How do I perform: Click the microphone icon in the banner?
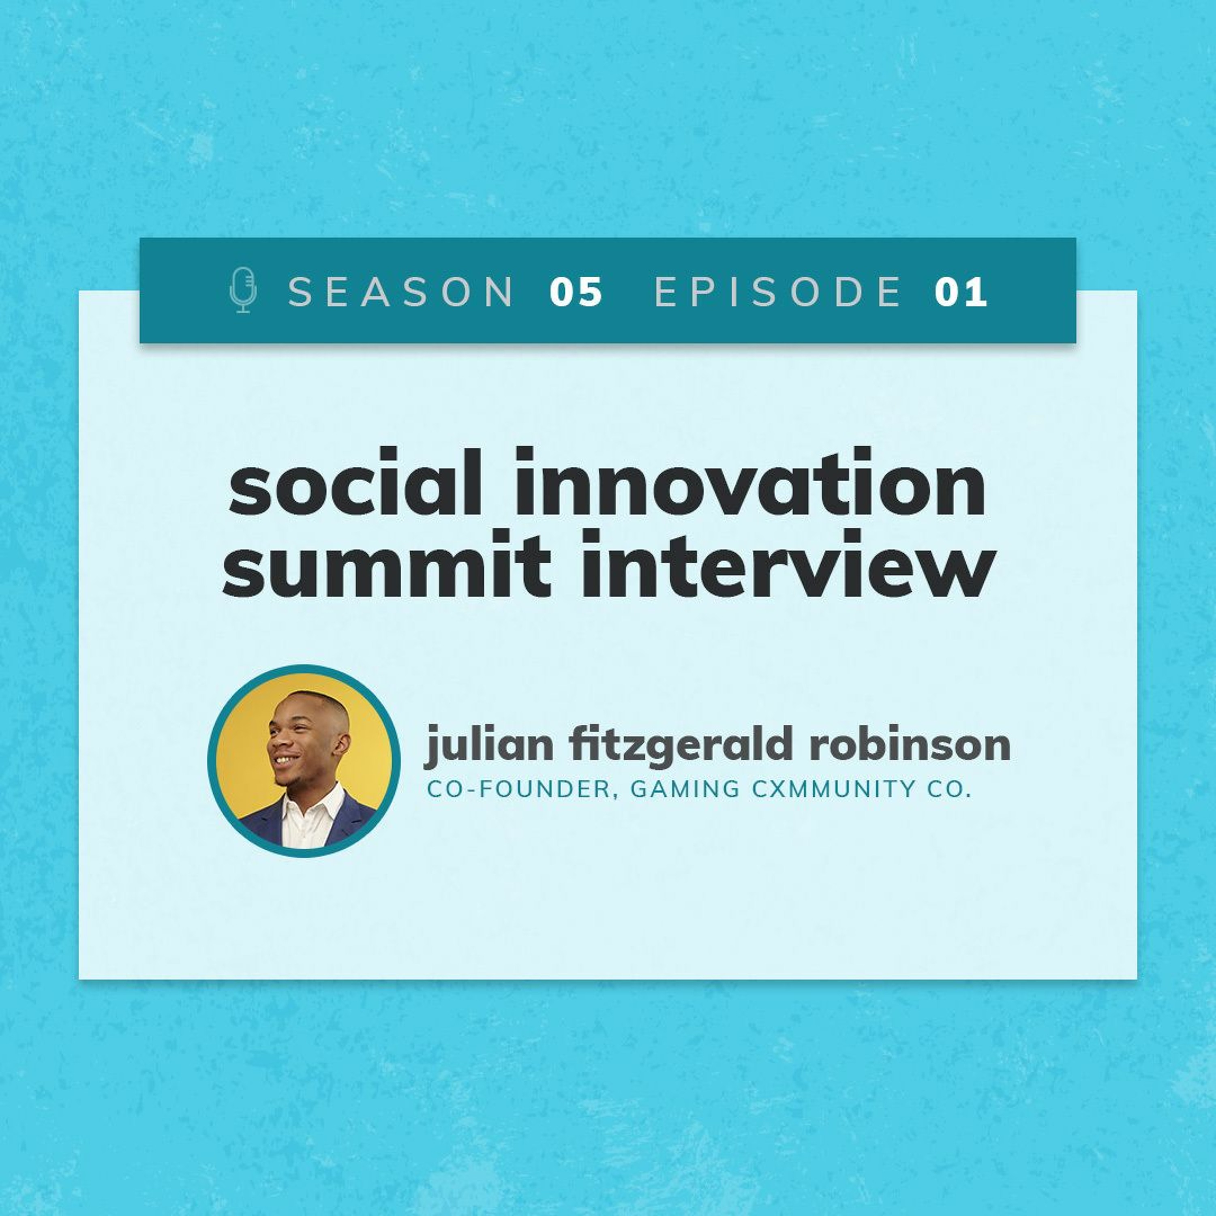tap(243, 290)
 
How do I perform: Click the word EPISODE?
tap(778, 291)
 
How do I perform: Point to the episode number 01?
tap(961, 291)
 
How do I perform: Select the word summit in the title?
tap(386, 565)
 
